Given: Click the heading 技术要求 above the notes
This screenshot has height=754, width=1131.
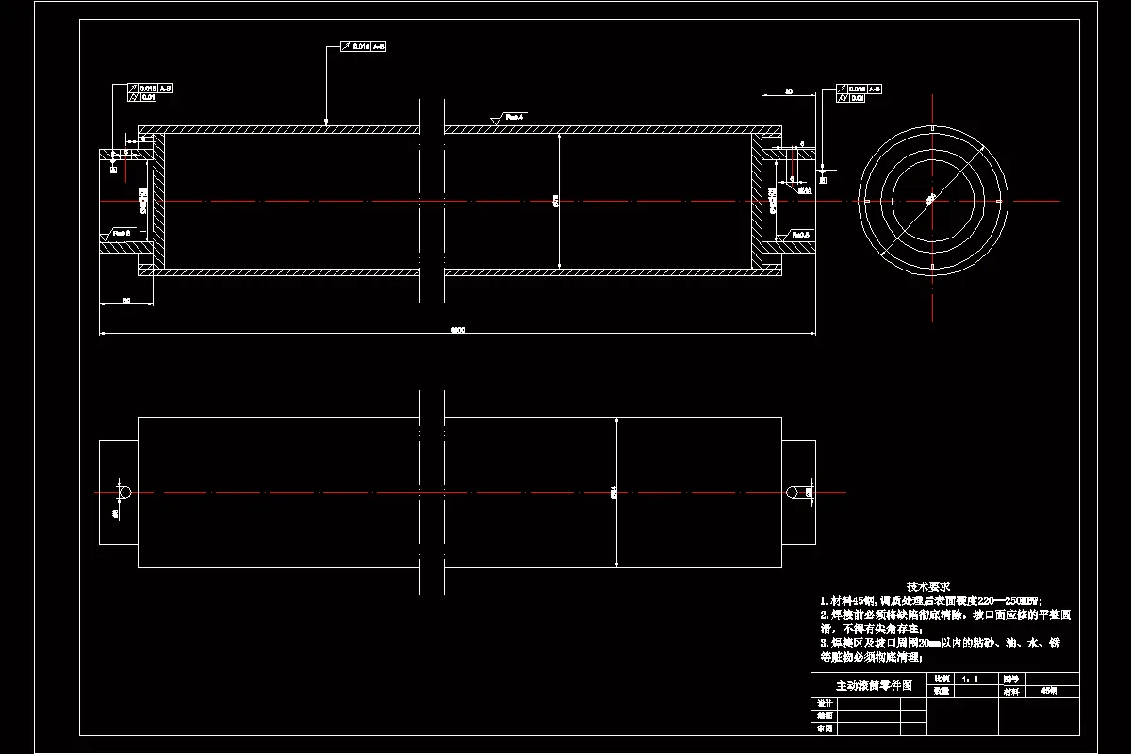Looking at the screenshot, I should (928, 586).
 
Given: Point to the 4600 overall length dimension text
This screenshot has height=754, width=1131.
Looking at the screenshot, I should (457, 330).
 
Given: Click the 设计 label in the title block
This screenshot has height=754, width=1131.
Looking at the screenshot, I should (825, 703).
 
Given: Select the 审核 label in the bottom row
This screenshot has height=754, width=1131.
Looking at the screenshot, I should (825, 729).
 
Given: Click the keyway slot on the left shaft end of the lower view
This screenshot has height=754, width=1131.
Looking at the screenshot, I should (123, 492).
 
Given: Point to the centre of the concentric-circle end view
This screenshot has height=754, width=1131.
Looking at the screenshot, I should (932, 201).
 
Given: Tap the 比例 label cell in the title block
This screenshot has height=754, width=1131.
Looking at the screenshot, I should (941, 679).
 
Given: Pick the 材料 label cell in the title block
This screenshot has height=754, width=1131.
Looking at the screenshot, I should (1011, 691).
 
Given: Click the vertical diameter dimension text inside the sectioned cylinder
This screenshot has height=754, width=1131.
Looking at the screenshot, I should (556, 200).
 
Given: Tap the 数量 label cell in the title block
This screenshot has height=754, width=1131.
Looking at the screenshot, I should (941, 691).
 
